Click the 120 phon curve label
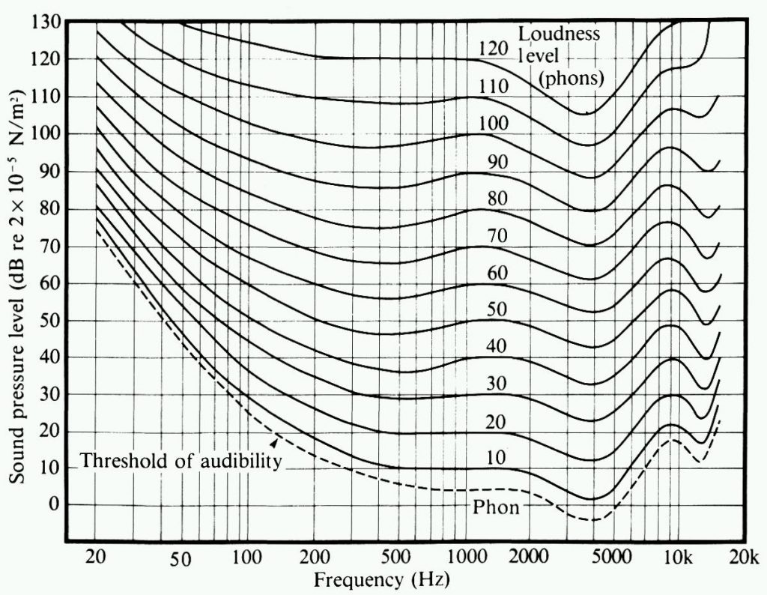tap(494, 49)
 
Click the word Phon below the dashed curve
tap(496, 507)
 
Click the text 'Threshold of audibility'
tap(181, 460)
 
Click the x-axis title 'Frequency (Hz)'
tap(382, 579)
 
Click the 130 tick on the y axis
tap(46, 22)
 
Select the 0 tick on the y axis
tap(53, 504)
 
